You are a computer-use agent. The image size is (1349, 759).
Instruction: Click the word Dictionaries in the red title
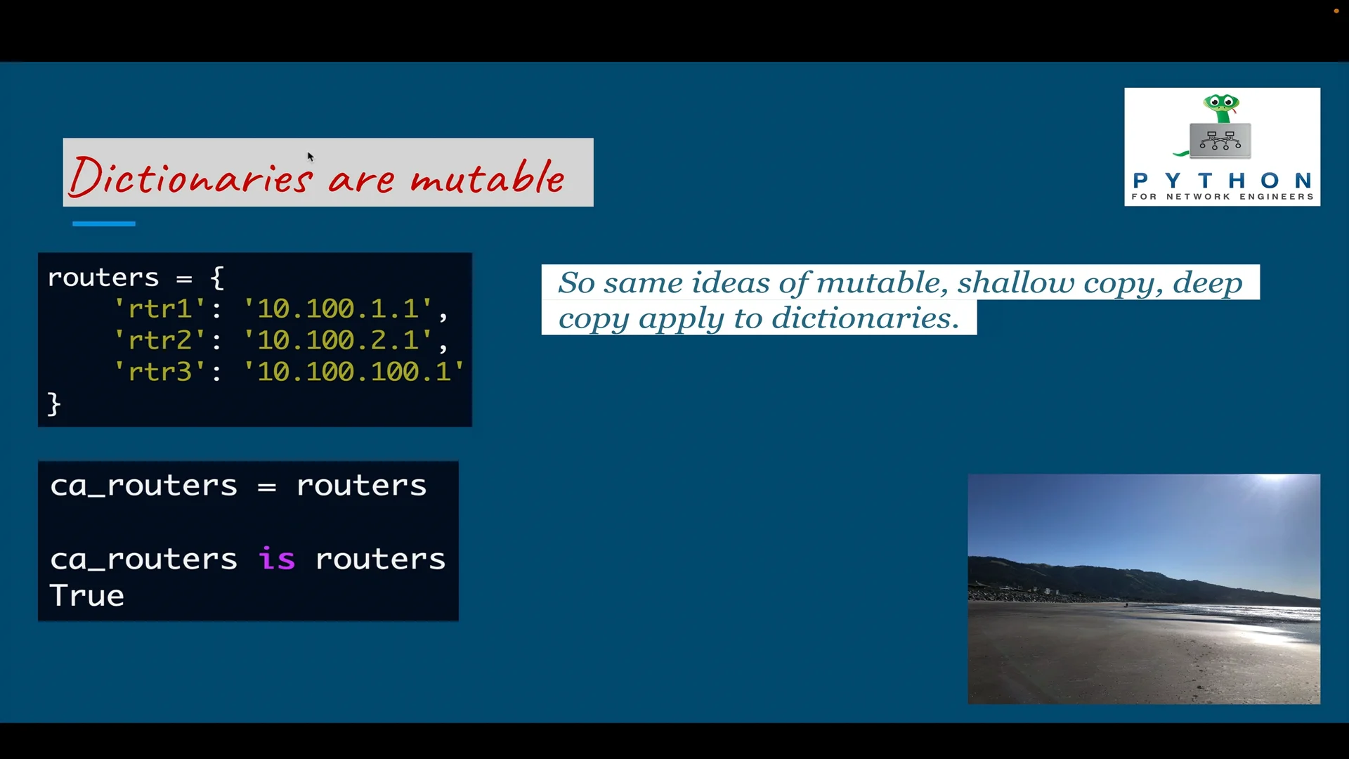pyautogui.click(x=190, y=176)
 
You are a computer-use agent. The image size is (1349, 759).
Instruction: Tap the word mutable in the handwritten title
pyautogui.click(x=487, y=176)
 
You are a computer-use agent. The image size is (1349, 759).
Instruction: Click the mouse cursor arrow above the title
pyautogui.click(x=310, y=156)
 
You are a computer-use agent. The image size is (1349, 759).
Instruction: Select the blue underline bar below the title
pyautogui.click(x=103, y=223)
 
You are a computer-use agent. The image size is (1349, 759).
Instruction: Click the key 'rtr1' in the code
pyautogui.click(x=159, y=309)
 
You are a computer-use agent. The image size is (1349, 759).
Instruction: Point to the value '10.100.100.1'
pyautogui.click(x=353, y=372)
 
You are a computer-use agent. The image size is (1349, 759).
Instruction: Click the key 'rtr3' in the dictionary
pyautogui.click(x=159, y=372)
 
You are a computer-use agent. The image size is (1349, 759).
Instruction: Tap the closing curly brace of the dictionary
pyautogui.click(x=54, y=404)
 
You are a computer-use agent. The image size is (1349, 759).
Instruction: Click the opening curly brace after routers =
pyautogui.click(x=217, y=278)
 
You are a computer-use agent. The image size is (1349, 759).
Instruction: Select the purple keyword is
pyautogui.click(x=276, y=559)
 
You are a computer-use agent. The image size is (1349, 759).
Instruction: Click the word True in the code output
pyautogui.click(x=87, y=596)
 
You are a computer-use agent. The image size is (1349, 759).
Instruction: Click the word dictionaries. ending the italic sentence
pyautogui.click(x=866, y=318)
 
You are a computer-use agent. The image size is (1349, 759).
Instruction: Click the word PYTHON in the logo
pyautogui.click(x=1222, y=181)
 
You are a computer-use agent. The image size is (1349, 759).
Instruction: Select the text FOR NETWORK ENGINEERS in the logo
pyautogui.click(x=1222, y=197)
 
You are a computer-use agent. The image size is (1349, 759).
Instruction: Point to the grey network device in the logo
pyautogui.click(x=1220, y=140)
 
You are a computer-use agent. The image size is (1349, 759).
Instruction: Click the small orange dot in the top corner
pyautogui.click(x=1336, y=11)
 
